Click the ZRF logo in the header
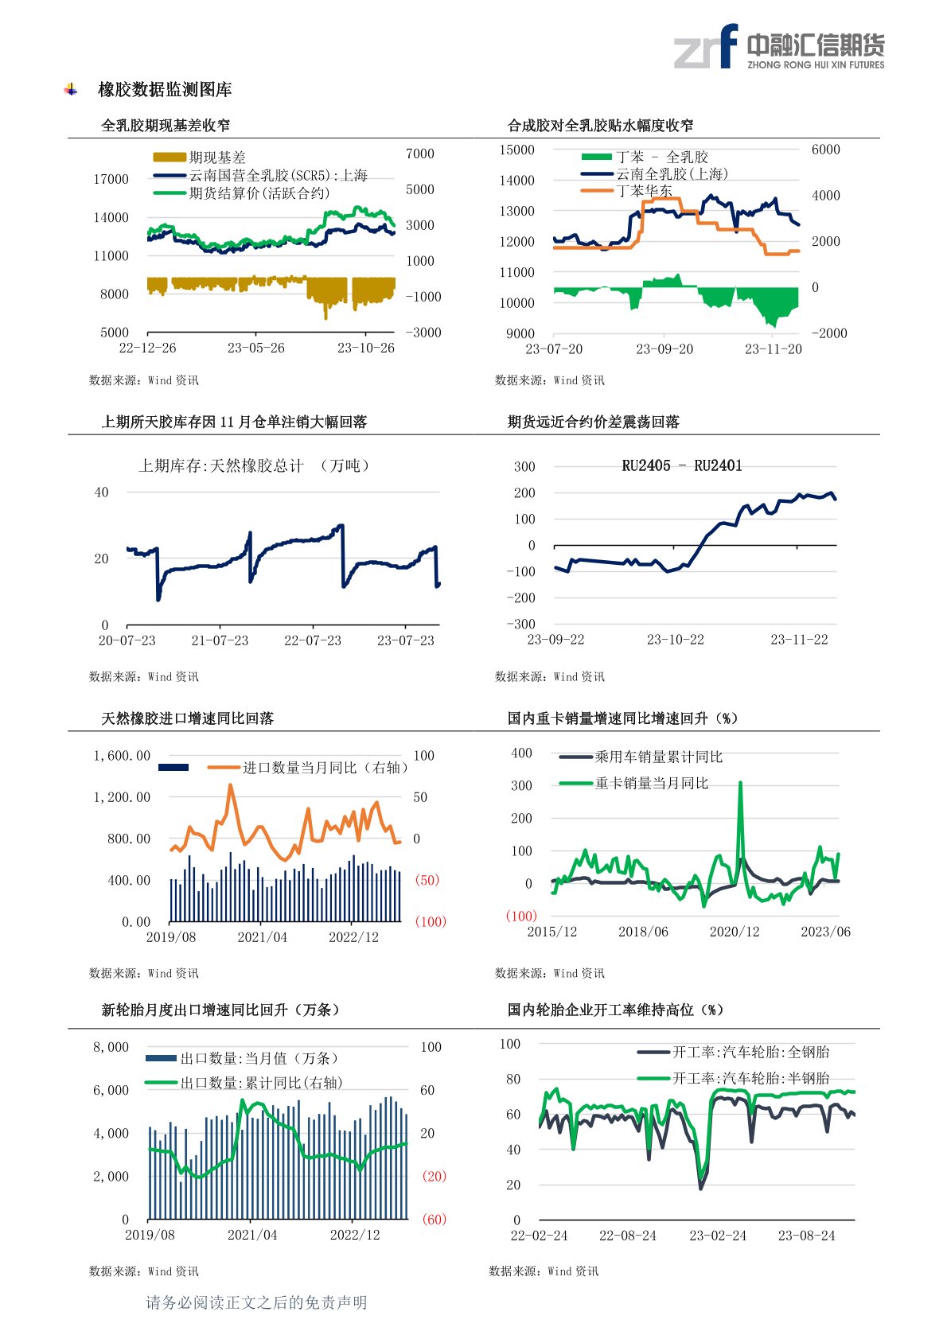click(x=705, y=47)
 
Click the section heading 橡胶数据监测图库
click(x=165, y=90)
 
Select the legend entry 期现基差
click(x=217, y=158)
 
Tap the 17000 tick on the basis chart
click(x=111, y=179)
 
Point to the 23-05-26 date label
click(x=255, y=348)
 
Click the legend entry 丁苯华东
click(x=644, y=191)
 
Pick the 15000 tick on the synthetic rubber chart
click(x=516, y=150)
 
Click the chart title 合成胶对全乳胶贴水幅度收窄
click(x=600, y=125)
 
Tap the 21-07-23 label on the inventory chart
click(x=220, y=640)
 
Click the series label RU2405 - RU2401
click(x=681, y=466)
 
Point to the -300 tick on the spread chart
click(x=521, y=624)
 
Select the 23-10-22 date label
click(x=675, y=640)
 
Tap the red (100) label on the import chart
click(x=430, y=921)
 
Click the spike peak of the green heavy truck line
click(x=740, y=784)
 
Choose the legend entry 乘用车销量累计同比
click(x=658, y=757)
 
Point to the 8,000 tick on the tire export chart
click(x=111, y=1047)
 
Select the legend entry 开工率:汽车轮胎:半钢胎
click(x=750, y=1078)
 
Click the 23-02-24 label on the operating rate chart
click(x=718, y=1236)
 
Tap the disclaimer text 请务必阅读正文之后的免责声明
click(x=256, y=1302)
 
